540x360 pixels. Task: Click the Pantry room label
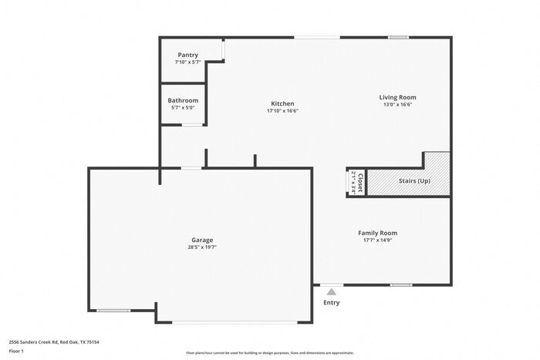click(x=188, y=55)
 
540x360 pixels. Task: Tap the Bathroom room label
click(x=183, y=100)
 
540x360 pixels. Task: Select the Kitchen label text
click(x=282, y=103)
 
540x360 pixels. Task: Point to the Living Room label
click(x=397, y=97)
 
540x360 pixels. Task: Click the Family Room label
click(x=377, y=233)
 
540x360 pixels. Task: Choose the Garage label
click(x=202, y=240)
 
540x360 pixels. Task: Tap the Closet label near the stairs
click(x=360, y=181)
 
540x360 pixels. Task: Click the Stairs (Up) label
click(x=414, y=180)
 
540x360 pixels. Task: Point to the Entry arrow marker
click(x=331, y=291)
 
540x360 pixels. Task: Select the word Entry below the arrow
click(x=331, y=302)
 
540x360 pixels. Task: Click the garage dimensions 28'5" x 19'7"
click(x=202, y=247)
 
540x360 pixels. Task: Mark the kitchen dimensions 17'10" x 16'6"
click(x=282, y=111)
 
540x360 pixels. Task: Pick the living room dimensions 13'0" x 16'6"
click(x=397, y=105)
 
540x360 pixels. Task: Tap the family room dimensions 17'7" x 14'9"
click(x=377, y=241)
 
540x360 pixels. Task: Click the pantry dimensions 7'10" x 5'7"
click(x=188, y=62)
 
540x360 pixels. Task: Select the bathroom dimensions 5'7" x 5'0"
click(x=183, y=108)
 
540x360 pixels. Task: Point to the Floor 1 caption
click(x=17, y=352)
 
